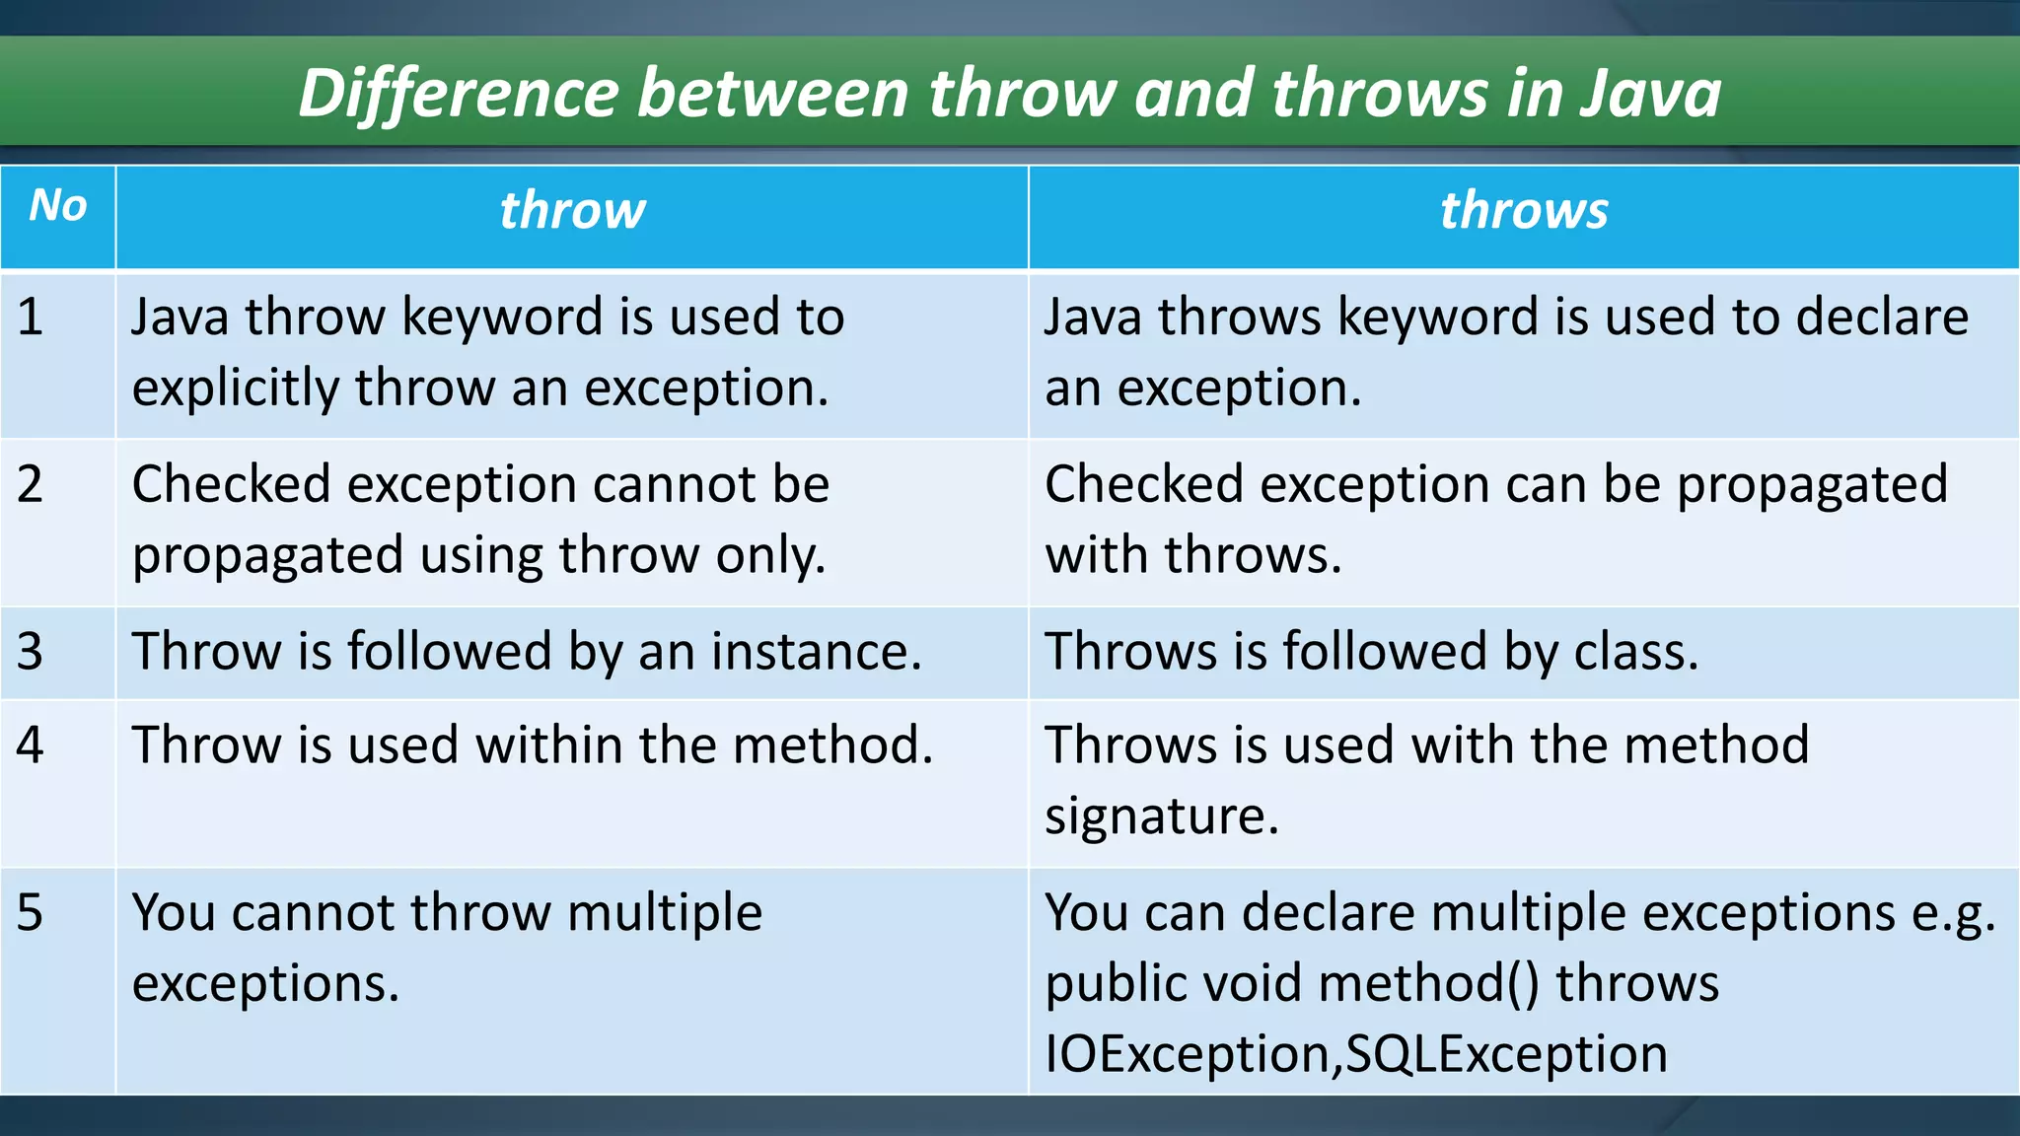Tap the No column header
58,205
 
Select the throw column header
572,210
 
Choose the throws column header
1523,210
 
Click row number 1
31,318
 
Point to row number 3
31,652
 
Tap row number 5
31,912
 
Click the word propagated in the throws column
1812,485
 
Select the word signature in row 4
1161,816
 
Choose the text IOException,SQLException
1355,1054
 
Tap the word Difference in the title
459,94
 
